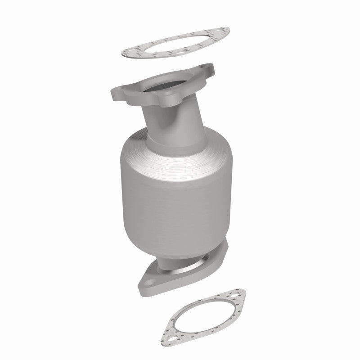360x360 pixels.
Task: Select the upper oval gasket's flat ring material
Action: (148, 59)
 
